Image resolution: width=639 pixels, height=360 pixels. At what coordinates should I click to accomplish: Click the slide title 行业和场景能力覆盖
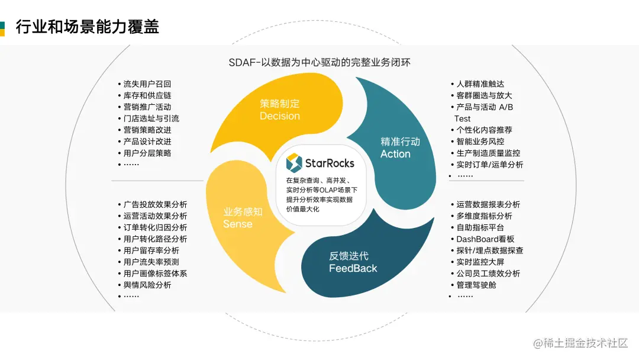tap(87, 27)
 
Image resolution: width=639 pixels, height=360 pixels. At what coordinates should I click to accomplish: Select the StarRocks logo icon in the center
tap(294, 162)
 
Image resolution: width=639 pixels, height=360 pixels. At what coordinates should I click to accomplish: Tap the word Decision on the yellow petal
tap(280, 116)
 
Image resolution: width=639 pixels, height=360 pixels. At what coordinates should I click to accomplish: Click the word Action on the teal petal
tap(395, 154)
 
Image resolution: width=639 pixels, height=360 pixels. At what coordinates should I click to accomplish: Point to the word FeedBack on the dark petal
tap(353, 268)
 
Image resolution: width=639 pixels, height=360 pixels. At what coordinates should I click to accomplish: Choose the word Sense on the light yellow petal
tap(238, 224)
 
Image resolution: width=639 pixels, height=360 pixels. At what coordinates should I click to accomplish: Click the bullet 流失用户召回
tap(147, 84)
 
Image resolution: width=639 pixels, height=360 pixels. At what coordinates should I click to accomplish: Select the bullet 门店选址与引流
tap(151, 118)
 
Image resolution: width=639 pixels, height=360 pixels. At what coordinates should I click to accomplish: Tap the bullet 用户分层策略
tap(147, 153)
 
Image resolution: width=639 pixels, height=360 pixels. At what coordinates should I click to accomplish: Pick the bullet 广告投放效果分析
tap(155, 204)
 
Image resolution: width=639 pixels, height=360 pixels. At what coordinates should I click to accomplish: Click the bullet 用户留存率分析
tap(151, 250)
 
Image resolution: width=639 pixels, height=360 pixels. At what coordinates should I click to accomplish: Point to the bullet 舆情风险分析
tap(147, 285)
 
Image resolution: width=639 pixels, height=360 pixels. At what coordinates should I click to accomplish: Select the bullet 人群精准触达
tap(480, 84)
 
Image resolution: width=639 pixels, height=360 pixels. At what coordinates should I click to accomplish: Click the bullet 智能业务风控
tap(480, 142)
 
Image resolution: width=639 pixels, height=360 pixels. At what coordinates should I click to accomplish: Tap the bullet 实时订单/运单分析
tap(490, 165)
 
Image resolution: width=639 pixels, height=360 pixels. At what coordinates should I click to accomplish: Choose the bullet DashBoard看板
tap(485, 239)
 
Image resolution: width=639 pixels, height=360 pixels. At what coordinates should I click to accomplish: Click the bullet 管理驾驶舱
tap(476, 285)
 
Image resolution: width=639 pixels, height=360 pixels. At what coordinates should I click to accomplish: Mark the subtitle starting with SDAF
tap(319, 63)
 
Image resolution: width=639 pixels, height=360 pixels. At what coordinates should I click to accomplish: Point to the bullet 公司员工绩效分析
tap(488, 274)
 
